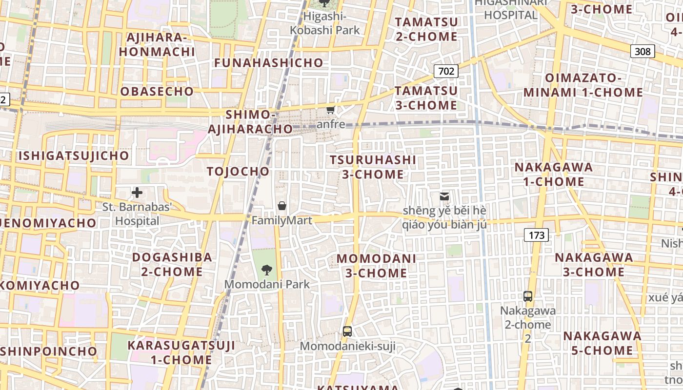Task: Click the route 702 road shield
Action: pyautogui.click(x=446, y=71)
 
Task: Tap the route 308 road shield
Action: pyautogui.click(x=642, y=51)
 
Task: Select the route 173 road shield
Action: pyautogui.click(x=536, y=235)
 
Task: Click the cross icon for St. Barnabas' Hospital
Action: pyautogui.click(x=137, y=193)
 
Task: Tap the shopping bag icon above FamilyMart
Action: pyautogui.click(x=281, y=206)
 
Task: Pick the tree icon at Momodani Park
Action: pyautogui.click(x=266, y=270)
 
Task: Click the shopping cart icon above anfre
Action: pyautogui.click(x=331, y=110)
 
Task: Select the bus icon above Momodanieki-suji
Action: pyautogui.click(x=347, y=331)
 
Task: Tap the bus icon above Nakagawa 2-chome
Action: pyautogui.click(x=527, y=296)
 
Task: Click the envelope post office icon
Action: pyautogui.click(x=444, y=196)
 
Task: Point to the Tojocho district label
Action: pyautogui.click(x=238, y=171)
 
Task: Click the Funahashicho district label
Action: pyautogui.click(x=269, y=62)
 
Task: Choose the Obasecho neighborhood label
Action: pyautogui.click(x=157, y=91)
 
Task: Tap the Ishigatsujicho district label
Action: pyautogui.click(x=74, y=156)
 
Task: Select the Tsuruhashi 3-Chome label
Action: pyautogui.click(x=373, y=167)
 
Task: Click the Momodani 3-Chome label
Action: pyautogui.click(x=376, y=265)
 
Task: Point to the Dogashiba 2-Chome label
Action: pyautogui.click(x=172, y=264)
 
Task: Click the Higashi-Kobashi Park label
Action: pyautogui.click(x=324, y=23)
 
